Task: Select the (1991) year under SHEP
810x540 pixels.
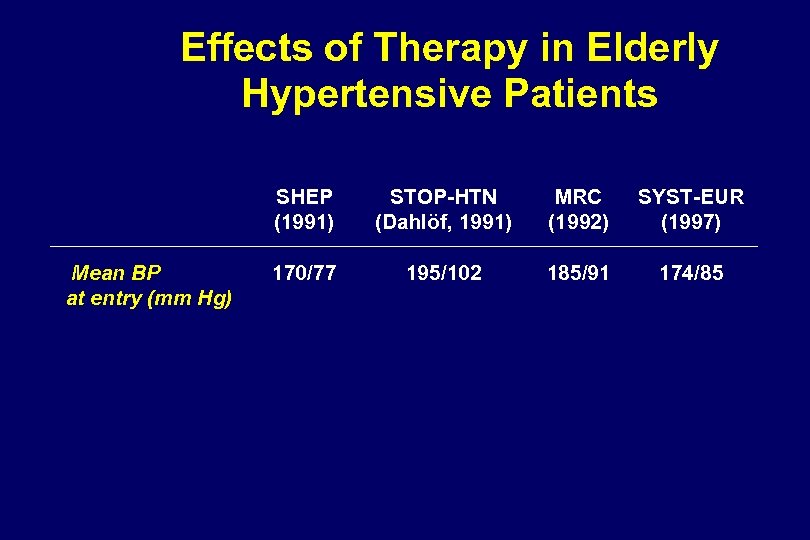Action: pyautogui.click(x=304, y=222)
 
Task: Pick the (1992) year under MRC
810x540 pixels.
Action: pyautogui.click(x=577, y=222)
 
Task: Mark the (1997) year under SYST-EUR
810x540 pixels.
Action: pyautogui.click(x=691, y=222)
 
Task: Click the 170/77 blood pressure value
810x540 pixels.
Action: pyautogui.click(x=304, y=272)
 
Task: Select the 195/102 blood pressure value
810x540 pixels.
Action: pyautogui.click(x=443, y=272)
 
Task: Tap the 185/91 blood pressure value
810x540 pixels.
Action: pyautogui.click(x=577, y=272)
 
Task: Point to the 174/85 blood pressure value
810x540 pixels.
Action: pyautogui.click(x=691, y=272)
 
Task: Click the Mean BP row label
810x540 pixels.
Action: pyautogui.click(x=117, y=272)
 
